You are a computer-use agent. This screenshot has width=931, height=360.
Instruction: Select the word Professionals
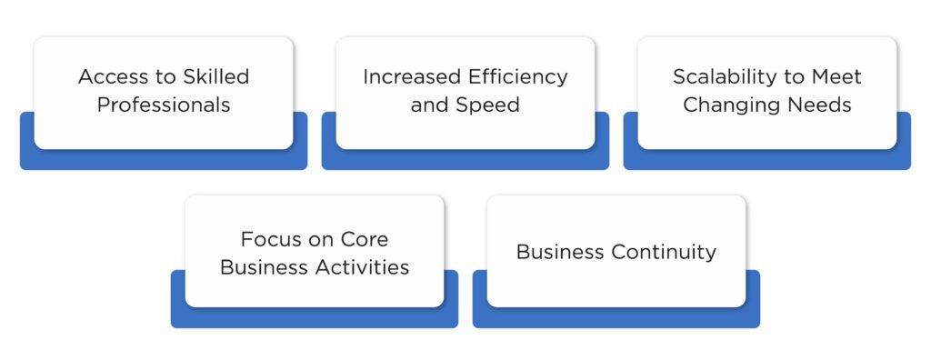164,105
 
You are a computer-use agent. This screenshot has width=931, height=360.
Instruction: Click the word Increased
406,76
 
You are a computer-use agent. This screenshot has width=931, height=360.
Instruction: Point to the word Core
364,240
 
